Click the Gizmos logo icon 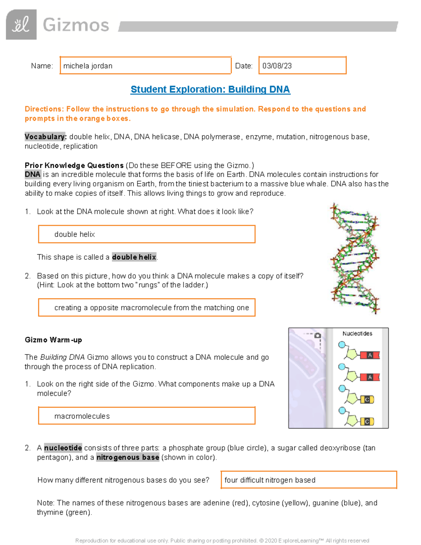(21, 25)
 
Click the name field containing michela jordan (145, 66)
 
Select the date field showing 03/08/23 (302, 66)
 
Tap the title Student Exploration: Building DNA (210, 89)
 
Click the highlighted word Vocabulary (45, 137)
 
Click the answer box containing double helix (147, 234)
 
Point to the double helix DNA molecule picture (355, 258)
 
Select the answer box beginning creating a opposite (147, 307)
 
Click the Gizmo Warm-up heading (53, 340)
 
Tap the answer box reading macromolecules (147, 416)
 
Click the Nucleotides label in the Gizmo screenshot (357, 333)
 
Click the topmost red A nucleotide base (370, 355)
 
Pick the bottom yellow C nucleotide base (367, 421)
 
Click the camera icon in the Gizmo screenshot (318, 335)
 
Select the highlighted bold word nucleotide (63, 448)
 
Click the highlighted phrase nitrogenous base (128, 457)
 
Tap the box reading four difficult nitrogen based (309, 480)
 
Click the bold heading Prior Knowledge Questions (74, 165)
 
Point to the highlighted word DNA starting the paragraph (33, 174)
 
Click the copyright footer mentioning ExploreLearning (222, 540)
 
